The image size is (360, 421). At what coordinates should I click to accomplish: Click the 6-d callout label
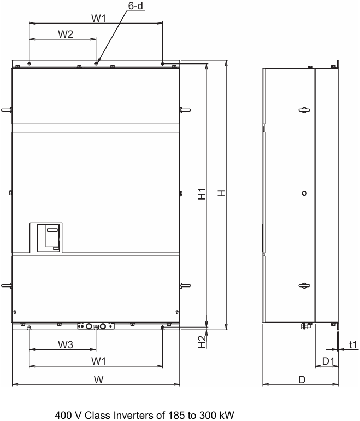[135, 5]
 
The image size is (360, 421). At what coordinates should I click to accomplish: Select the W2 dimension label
[66, 34]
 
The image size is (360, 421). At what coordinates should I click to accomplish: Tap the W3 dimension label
[66, 344]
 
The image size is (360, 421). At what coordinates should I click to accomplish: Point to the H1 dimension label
[202, 194]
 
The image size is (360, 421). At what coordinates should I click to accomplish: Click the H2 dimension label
[202, 342]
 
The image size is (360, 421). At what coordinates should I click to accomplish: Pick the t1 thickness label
[353, 344]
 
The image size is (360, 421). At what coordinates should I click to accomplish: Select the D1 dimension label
[328, 361]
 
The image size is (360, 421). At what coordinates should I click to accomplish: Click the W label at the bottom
[99, 379]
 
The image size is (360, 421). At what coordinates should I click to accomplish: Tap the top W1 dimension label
[99, 18]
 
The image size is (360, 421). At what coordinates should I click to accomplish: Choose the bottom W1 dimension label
[99, 361]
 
